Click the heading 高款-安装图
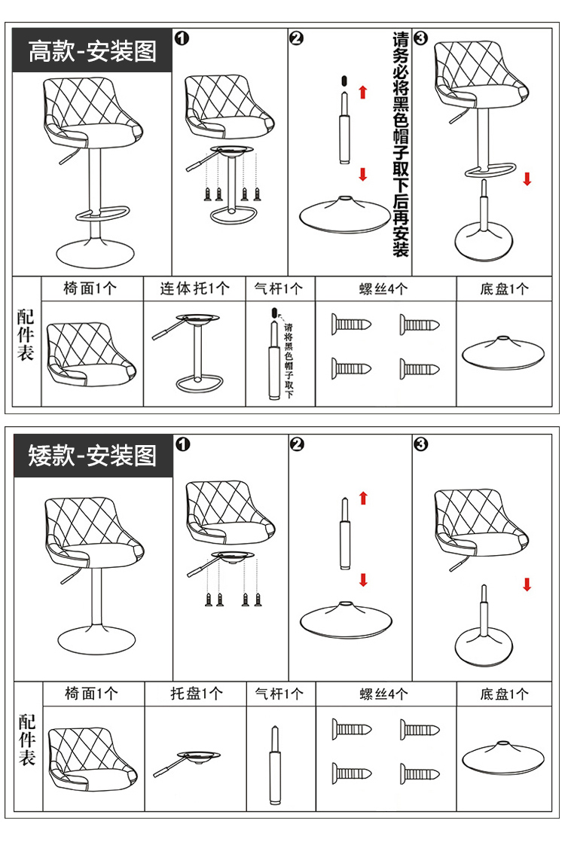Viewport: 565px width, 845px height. pyautogui.click(x=92, y=51)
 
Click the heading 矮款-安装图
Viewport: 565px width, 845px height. pyautogui.click(x=92, y=456)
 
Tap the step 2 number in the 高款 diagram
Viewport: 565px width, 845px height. pyautogui.click(x=296, y=39)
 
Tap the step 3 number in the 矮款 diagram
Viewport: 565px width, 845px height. pyautogui.click(x=421, y=444)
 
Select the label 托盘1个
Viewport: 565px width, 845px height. pyautogui.click(x=196, y=694)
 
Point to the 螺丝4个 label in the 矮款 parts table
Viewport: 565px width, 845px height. pyautogui.click(x=385, y=694)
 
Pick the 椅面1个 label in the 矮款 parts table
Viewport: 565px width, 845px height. pyautogui.click(x=91, y=694)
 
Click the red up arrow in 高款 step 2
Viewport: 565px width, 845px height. pyautogui.click(x=363, y=93)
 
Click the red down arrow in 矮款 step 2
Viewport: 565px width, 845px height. pyautogui.click(x=363, y=580)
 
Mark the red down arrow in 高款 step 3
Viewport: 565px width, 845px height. pyautogui.click(x=527, y=178)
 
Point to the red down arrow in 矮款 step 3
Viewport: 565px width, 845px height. pyautogui.click(x=527, y=584)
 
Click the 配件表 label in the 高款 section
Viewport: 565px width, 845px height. pyautogui.click(x=26, y=334)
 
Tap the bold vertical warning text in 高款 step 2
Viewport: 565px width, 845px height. pyautogui.click(x=401, y=143)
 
